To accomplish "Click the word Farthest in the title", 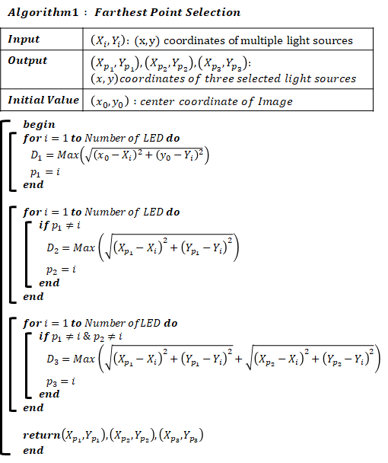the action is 121,12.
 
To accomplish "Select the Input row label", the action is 24,40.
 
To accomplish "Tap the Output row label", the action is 27,60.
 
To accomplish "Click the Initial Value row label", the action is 43,100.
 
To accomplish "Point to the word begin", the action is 39,125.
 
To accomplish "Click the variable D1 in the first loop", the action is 37,155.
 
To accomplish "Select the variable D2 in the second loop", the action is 52,247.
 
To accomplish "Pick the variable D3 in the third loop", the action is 52,359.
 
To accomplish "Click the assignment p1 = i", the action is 45,172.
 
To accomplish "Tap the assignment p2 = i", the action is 61,270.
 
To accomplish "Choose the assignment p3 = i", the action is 61,382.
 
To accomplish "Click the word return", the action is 42,435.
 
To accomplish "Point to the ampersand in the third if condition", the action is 87,336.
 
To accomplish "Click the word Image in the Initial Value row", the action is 275,101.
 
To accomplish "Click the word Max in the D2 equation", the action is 84,247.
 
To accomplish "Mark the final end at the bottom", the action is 33,450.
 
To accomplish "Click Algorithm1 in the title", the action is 43,12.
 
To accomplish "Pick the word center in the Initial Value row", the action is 157,101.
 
